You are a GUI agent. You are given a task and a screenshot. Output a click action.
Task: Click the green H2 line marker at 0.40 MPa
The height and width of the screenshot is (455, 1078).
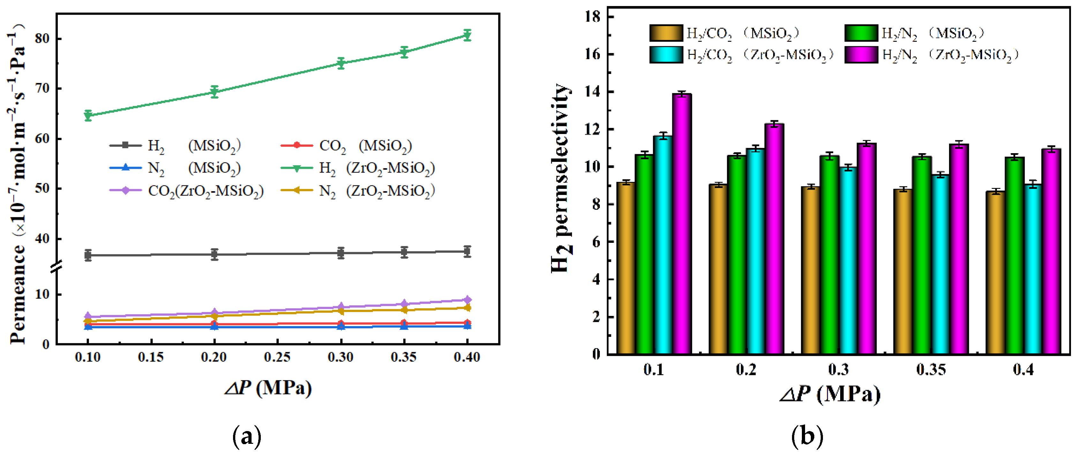tap(467, 35)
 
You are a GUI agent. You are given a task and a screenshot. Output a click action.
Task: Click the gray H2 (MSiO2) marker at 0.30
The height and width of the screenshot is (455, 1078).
tap(341, 253)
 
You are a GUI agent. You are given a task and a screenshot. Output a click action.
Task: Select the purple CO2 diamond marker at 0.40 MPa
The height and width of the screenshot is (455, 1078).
tap(467, 300)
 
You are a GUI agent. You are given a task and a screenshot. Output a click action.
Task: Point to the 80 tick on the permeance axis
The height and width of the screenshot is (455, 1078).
tap(42, 39)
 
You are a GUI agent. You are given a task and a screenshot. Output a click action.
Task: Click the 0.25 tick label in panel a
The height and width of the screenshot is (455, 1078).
tap(277, 357)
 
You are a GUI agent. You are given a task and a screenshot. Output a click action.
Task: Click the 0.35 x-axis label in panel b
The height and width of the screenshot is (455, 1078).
tap(931, 370)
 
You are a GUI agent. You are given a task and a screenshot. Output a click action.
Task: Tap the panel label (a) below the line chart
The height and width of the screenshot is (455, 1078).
tap(247, 436)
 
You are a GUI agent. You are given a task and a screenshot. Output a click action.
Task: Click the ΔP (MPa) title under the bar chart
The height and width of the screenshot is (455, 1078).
tap(830, 394)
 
